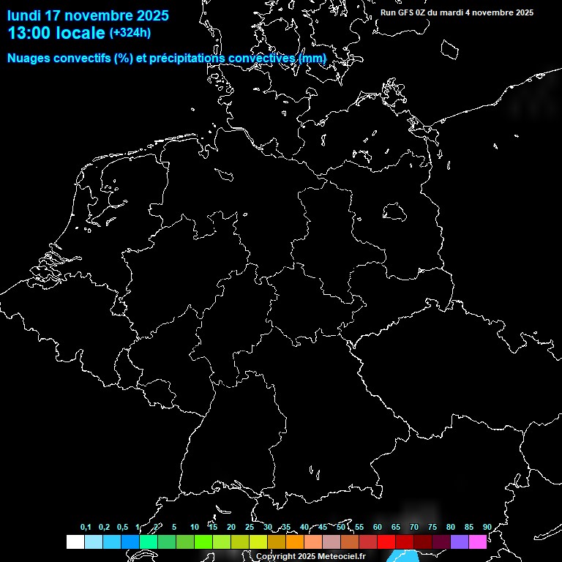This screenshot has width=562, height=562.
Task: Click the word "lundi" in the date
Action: (x=24, y=15)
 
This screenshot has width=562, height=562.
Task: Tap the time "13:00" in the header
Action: (x=30, y=33)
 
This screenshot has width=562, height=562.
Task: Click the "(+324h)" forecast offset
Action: (x=130, y=33)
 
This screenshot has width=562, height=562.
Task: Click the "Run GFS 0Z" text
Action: (x=402, y=12)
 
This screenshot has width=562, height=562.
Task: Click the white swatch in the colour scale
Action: (x=75, y=542)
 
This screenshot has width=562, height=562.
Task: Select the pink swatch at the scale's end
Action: (x=478, y=542)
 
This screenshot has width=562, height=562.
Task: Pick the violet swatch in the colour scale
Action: (x=460, y=542)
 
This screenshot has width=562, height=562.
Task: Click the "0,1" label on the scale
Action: (x=86, y=528)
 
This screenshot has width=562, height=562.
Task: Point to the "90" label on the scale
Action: (x=487, y=528)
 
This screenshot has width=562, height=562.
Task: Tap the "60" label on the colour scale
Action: (x=377, y=528)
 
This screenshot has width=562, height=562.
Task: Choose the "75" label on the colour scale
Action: (x=432, y=528)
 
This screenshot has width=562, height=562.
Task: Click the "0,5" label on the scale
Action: (x=122, y=528)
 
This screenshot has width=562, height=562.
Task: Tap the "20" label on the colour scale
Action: (x=231, y=528)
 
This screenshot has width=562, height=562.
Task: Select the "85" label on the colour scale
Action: (x=468, y=528)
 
